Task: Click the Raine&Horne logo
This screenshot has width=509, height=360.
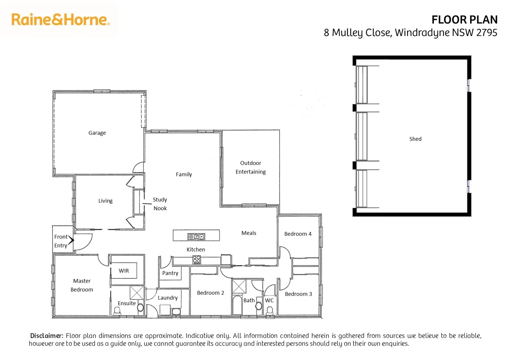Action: (x=60, y=20)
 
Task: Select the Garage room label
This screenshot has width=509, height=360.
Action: (x=97, y=133)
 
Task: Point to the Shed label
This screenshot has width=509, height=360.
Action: (x=415, y=139)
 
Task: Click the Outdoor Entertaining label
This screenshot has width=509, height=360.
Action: (x=251, y=167)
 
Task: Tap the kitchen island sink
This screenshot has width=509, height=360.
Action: (x=196, y=236)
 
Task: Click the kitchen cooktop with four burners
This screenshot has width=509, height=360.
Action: (x=197, y=259)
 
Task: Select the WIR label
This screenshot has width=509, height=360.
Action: (x=124, y=271)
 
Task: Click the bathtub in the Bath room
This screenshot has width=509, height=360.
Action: (x=237, y=305)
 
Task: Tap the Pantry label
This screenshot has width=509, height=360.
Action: (x=170, y=273)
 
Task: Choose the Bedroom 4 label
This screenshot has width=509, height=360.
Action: (x=298, y=234)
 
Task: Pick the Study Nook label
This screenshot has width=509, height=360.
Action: (x=160, y=204)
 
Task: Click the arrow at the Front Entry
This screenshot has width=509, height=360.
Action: (x=71, y=240)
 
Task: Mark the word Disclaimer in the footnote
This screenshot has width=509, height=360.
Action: (x=47, y=336)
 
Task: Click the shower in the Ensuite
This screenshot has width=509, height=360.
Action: (x=136, y=292)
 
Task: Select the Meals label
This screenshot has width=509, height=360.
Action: (x=249, y=233)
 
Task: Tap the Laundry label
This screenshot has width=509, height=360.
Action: (x=168, y=298)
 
